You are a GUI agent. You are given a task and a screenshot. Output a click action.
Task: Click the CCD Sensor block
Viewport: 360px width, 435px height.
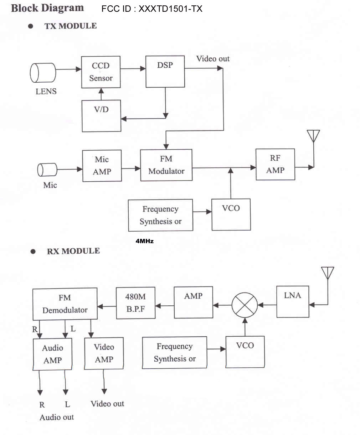click(x=101, y=72)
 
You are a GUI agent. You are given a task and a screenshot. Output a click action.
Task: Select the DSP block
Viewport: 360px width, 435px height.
click(x=165, y=71)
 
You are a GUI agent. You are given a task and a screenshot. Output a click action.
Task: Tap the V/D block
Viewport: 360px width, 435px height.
click(x=101, y=116)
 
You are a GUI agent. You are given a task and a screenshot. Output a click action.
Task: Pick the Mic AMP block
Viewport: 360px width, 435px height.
click(x=102, y=166)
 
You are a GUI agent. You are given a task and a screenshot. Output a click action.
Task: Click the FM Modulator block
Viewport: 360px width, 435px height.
click(x=166, y=165)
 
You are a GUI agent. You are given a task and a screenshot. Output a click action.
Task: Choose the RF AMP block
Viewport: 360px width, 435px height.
click(x=275, y=164)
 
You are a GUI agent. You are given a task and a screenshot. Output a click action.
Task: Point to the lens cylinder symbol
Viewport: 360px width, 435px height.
click(x=43, y=73)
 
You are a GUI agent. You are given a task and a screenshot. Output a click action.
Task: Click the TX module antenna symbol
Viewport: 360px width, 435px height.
click(x=313, y=136)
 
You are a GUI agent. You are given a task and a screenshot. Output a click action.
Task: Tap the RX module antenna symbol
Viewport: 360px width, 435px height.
click(x=327, y=273)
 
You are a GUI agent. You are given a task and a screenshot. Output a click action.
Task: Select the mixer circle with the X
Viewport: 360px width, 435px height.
click(x=245, y=305)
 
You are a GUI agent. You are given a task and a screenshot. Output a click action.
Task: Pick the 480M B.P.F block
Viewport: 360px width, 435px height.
click(x=135, y=303)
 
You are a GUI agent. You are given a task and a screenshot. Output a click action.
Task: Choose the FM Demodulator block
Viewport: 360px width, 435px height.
click(x=65, y=304)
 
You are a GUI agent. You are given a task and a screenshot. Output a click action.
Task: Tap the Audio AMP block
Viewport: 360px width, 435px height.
click(x=53, y=354)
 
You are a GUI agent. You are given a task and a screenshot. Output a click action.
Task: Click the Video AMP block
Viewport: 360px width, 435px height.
click(x=104, y=353)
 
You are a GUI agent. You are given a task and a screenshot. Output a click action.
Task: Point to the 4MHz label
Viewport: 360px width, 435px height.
click(x=145, y=241)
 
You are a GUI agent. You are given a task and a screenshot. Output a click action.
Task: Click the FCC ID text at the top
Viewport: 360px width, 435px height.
click(x=152, y=9)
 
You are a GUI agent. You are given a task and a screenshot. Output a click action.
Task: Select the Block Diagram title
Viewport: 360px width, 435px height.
click(x=47, y=8)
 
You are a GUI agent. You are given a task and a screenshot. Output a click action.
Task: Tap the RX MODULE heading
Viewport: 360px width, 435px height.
click(x=73, y=251)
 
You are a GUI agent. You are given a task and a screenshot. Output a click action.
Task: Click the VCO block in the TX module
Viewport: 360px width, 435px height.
click(x=231, y=214)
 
